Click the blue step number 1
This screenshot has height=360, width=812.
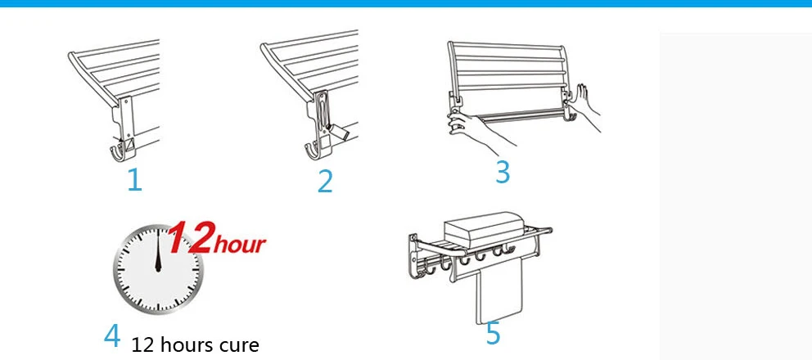[x=134, y=180]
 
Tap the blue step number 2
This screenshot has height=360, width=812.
[x=325, y=182]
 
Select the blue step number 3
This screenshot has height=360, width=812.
[x=503, y=172]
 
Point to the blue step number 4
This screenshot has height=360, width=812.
[x=112, y=335]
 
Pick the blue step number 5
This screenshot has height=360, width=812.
[x=493, y=333]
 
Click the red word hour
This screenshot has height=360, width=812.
[x=239, y=244]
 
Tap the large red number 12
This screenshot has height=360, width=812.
[x=190, y=237]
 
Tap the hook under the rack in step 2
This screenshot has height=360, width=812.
[x=314, y=151]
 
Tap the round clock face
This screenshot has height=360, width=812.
[x=158, y=269]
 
